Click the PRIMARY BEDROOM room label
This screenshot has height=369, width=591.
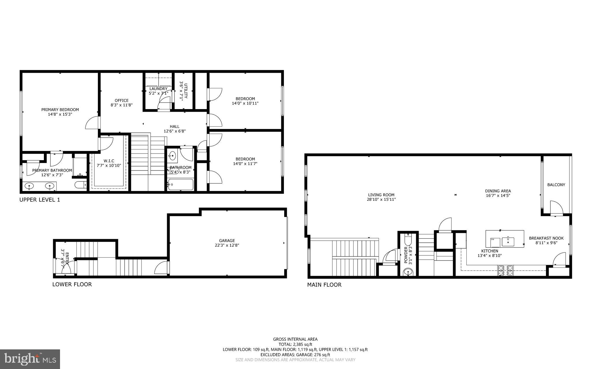click(60, 110)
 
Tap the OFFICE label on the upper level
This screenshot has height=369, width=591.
click(121, 100)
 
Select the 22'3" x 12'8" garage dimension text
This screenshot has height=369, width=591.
click(227, 246)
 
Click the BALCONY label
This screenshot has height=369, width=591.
click(556, 185)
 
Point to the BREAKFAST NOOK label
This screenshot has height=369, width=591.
click(546, 238)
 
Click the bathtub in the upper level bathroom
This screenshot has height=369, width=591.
click(181, 184)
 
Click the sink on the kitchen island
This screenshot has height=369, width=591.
click(508, 241)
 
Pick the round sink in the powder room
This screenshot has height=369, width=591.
click(408, 272)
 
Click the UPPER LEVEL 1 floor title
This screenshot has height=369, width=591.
click(40, 200)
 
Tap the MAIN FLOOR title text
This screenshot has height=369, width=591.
click(324, 285)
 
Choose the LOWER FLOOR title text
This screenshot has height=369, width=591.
click(72, 284)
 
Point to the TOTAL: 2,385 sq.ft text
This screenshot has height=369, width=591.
click(295, 344)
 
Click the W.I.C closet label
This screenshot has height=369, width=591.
click(109, 161)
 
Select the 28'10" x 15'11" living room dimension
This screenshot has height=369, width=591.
click(381, 199)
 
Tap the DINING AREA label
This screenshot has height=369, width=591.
click(498, 191)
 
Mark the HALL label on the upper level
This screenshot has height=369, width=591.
click(174, 126)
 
